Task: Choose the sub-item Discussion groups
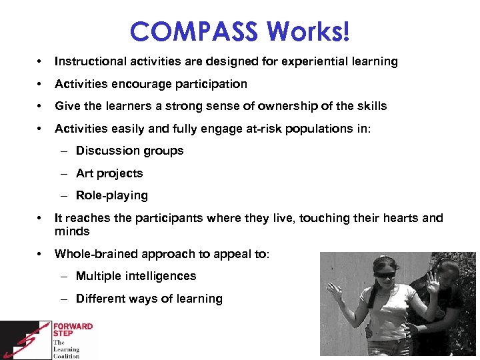129,151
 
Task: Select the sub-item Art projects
109,173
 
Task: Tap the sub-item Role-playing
112,195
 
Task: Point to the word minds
72,231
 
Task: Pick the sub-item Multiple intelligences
136,276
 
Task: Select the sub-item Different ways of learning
149,299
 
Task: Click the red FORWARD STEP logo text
73,331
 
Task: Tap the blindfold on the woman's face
384,274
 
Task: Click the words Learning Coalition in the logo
66,352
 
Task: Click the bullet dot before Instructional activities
41,61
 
